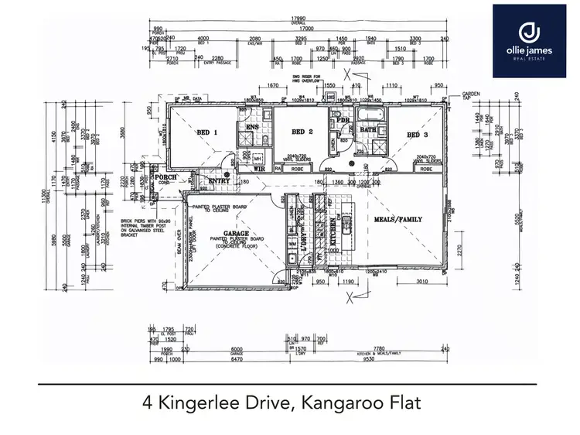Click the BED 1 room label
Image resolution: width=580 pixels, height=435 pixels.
coord(205,132)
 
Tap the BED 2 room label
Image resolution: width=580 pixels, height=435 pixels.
coord(302,132)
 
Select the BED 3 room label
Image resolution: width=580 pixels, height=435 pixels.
coord(416,135)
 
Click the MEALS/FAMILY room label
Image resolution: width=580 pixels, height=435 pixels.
coord(399,220)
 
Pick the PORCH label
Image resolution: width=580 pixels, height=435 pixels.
coord(167,177)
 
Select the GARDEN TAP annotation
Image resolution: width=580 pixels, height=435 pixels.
coord(473,94)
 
